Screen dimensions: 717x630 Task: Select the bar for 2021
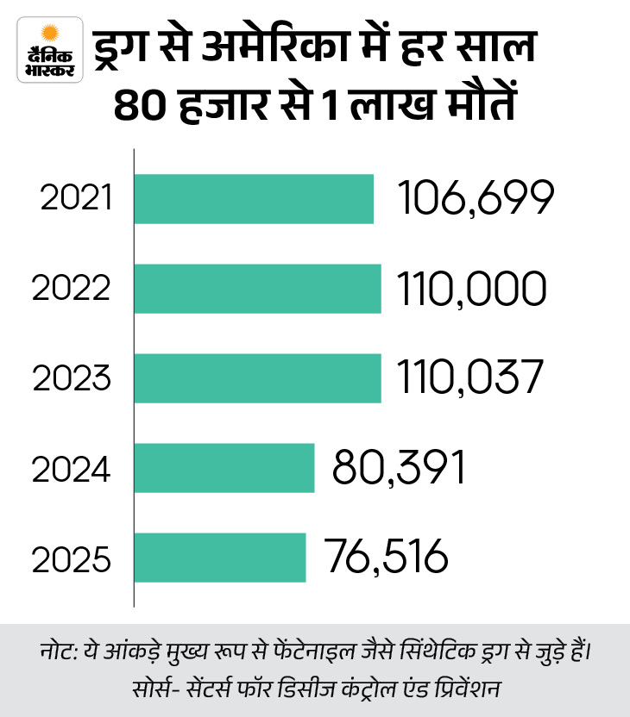(255, 199)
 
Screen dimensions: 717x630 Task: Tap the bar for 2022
(258, 289)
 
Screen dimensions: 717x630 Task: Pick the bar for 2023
(258, 378)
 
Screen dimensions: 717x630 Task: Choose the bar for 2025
(221, 557)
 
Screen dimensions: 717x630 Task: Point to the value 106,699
(474, 199)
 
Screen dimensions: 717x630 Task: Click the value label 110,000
(473, 289)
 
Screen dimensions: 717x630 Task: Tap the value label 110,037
(471, 378)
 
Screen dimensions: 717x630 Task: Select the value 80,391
(400, 468)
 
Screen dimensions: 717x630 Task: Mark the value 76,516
(387, 557)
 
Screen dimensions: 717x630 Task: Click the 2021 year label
(77, 199)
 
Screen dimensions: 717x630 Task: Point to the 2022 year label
(72, 289)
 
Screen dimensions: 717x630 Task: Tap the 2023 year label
(72, 378)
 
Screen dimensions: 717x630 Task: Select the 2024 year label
(72, 468)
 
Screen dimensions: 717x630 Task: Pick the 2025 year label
(72, 558)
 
